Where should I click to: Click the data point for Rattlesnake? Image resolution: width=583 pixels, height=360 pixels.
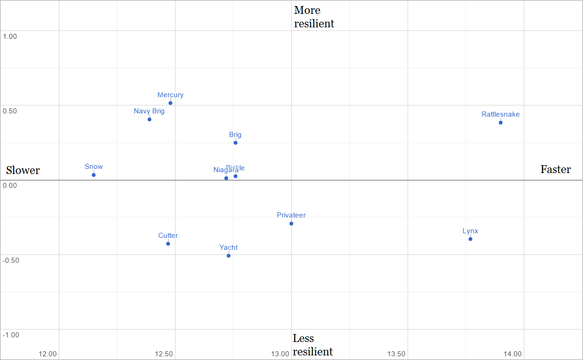click(x=501, y=123)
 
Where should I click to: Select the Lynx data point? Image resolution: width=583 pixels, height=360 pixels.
click(x=470, y=239)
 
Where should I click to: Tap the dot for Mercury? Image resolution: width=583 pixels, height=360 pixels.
click(x=170, y=103)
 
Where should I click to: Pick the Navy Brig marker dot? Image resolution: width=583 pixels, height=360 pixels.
click(x=150, y=119)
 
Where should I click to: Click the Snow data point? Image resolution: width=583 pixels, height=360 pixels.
click(x=94, y=175)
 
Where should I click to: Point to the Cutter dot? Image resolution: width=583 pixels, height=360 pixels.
click(x=168, y=243)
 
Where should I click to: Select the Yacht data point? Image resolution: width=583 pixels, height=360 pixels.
click(x=228, y=255)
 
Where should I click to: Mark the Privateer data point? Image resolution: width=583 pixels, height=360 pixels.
click(x=291, y=223)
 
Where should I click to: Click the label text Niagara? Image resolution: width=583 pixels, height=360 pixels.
click(x=226, y=170)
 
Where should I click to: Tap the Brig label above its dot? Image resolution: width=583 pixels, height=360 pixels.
click(x=235, y=135)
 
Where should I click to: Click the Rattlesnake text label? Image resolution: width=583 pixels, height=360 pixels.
click(x=501, y=114)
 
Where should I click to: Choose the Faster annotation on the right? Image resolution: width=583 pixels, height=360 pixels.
click(x=556, y=169)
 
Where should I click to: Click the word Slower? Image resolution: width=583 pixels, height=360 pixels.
click(x=23, y=170)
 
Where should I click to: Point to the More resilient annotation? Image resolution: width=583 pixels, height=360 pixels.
click(x=314, y=17)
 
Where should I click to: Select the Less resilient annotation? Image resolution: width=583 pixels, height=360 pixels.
click(x=313, y=345)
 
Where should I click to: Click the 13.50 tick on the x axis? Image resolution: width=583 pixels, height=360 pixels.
click(x=396, y=354)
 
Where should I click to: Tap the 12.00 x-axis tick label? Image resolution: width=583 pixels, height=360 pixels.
click(x=48, y=354)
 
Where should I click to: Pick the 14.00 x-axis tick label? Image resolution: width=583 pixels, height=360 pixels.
click(x=513, y=354)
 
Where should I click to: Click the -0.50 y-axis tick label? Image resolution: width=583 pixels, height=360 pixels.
click(x=11, y=260)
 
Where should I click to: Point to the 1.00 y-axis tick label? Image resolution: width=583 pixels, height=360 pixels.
click(x=10, y=36)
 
